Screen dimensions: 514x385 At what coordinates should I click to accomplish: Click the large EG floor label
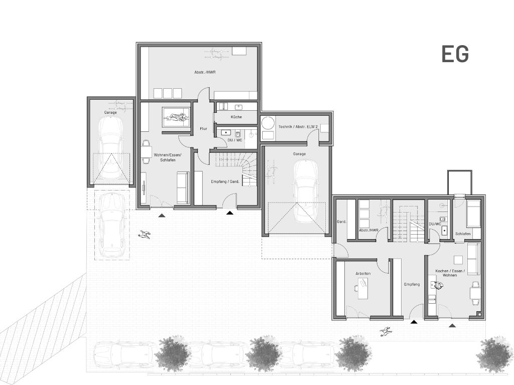(x=455, y=54)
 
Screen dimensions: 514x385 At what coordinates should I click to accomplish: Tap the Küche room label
(x=236, y=117)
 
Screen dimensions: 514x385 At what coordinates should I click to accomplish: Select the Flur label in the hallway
(x=204, y=129)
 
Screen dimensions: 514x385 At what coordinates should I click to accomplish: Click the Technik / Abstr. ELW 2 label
(x=294, y=126)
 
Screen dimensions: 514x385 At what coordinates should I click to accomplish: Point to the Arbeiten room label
(x=363, y=273)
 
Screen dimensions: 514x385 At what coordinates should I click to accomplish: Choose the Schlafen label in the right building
(x=463, y=234)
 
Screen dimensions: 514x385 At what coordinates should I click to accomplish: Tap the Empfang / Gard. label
(x=225, y=181)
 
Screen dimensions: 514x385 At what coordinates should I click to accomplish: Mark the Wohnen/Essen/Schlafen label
(x=168, y=157)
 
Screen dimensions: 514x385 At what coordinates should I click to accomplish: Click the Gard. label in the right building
(x=341, y=222)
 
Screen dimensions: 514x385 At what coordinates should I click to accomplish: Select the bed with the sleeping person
(x=176, y=117)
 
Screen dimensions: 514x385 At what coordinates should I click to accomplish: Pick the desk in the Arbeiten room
(x=362, y=288)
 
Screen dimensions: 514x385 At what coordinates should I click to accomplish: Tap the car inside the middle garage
(x=306, y=191)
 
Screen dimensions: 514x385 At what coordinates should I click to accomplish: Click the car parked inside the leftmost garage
(x=110, y=148)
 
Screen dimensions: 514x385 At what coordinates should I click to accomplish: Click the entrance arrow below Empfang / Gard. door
(x=230, y=213)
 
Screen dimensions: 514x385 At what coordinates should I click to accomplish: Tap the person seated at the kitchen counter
(x=437, y=286)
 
